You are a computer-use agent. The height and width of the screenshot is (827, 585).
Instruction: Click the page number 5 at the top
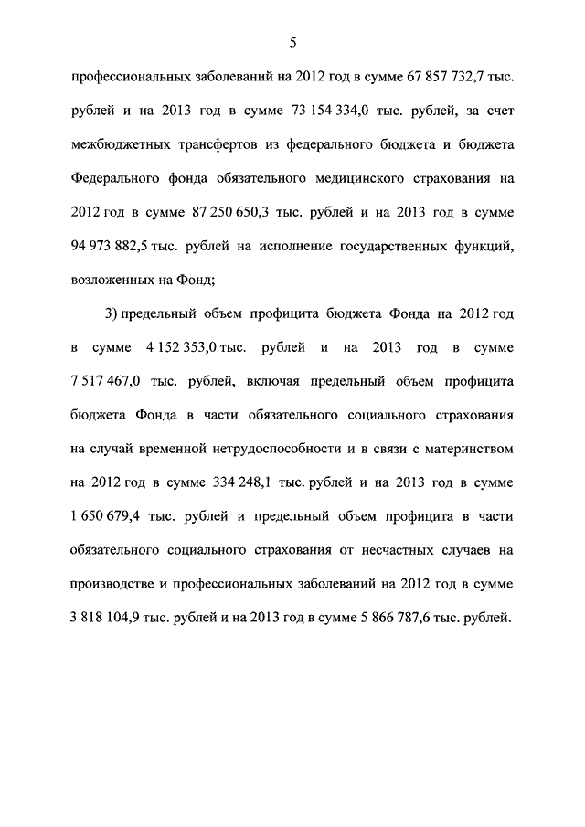click(x=292, y=41)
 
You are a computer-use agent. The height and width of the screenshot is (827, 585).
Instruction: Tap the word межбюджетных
click(x=122, y=144)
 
